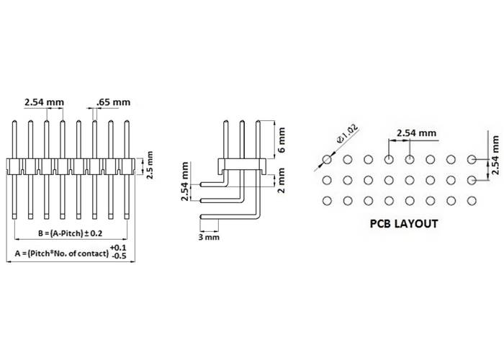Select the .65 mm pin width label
click(113, 102)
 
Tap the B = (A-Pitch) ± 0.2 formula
click(71, 233)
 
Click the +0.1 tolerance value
click(118, 248)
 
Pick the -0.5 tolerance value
click(118, 256)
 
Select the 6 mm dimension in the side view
click(282, 140)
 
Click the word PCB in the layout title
click(384, 224)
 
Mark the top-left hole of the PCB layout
click(327, 159)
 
